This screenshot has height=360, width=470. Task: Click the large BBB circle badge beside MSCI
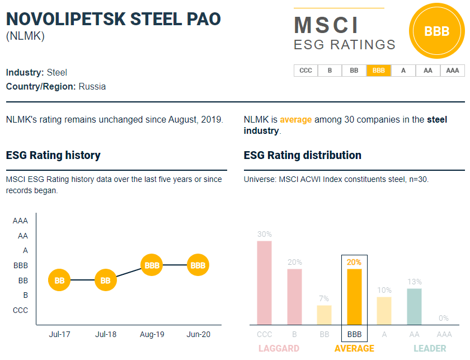click(437, 31)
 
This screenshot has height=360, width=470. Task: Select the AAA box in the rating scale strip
click(453, 71)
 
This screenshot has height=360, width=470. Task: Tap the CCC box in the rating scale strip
click(305, 71)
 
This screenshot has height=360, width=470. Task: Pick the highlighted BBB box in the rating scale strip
click(379, 71)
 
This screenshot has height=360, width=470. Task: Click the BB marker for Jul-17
click(59, 280)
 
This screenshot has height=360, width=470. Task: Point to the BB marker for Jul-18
click(106, 280)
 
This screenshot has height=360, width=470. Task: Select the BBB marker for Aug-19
click(152, 265)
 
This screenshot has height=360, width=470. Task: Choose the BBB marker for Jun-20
click(198, 265)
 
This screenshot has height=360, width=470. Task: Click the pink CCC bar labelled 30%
click(264, 283)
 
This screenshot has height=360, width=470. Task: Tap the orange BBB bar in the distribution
click(354, 297)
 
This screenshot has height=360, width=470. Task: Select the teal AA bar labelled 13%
click(414, 306)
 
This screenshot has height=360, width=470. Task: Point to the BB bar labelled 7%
click(324, 315)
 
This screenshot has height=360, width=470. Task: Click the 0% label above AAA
click(444, 318)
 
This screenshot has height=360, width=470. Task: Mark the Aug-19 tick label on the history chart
click(152, 334)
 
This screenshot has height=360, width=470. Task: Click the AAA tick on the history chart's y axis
click(21, 221)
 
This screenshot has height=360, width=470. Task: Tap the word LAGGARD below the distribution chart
click(279, 348)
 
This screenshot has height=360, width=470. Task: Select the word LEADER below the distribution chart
click(430, 348)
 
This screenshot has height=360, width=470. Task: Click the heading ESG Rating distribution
click(303, 155)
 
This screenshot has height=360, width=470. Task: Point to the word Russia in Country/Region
click(92, 87)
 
